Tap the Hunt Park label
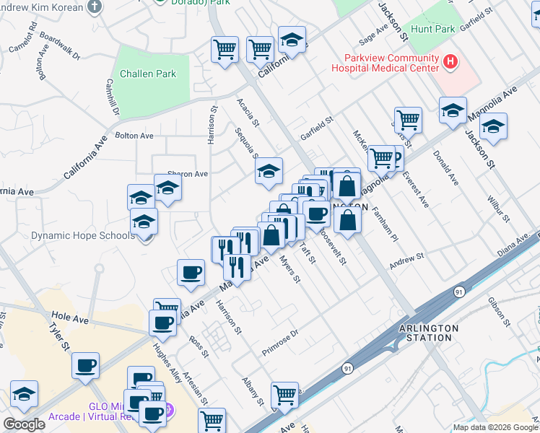click(432, 30)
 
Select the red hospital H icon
click(451, 62)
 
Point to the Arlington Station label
click(429, 332)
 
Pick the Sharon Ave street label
click(188, 174)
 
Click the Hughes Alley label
click(167, 362)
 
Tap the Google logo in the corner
click(24, 424)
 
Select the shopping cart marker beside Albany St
click(284, 395)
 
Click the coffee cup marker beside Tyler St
click(85, 365)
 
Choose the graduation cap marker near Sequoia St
click(268, 170)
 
